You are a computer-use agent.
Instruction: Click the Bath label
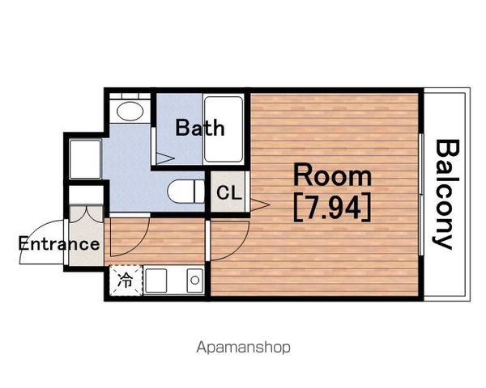click(200, 128)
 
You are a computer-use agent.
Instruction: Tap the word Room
click(332, 175)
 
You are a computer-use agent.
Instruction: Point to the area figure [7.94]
click(332, 207)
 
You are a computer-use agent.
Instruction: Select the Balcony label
click(446, 194)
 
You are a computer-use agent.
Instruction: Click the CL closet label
click(228, 192)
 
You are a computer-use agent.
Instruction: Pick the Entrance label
click(59, 243)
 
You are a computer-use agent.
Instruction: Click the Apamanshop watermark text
click(243, 347)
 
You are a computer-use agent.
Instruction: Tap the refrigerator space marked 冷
click(126, 281)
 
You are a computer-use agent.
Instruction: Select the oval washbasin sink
click(130, 111)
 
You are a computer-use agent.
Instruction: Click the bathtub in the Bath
click(224, 129)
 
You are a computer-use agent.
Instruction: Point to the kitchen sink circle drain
click(195, 280)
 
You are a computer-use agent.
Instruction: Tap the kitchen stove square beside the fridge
click(156, 280)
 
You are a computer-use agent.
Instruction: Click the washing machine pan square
click(85, 159)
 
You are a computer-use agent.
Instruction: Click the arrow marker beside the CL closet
click(260, 205)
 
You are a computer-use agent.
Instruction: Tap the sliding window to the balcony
click(421, 194)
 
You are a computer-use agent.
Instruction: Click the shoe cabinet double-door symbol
click(86, 213)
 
